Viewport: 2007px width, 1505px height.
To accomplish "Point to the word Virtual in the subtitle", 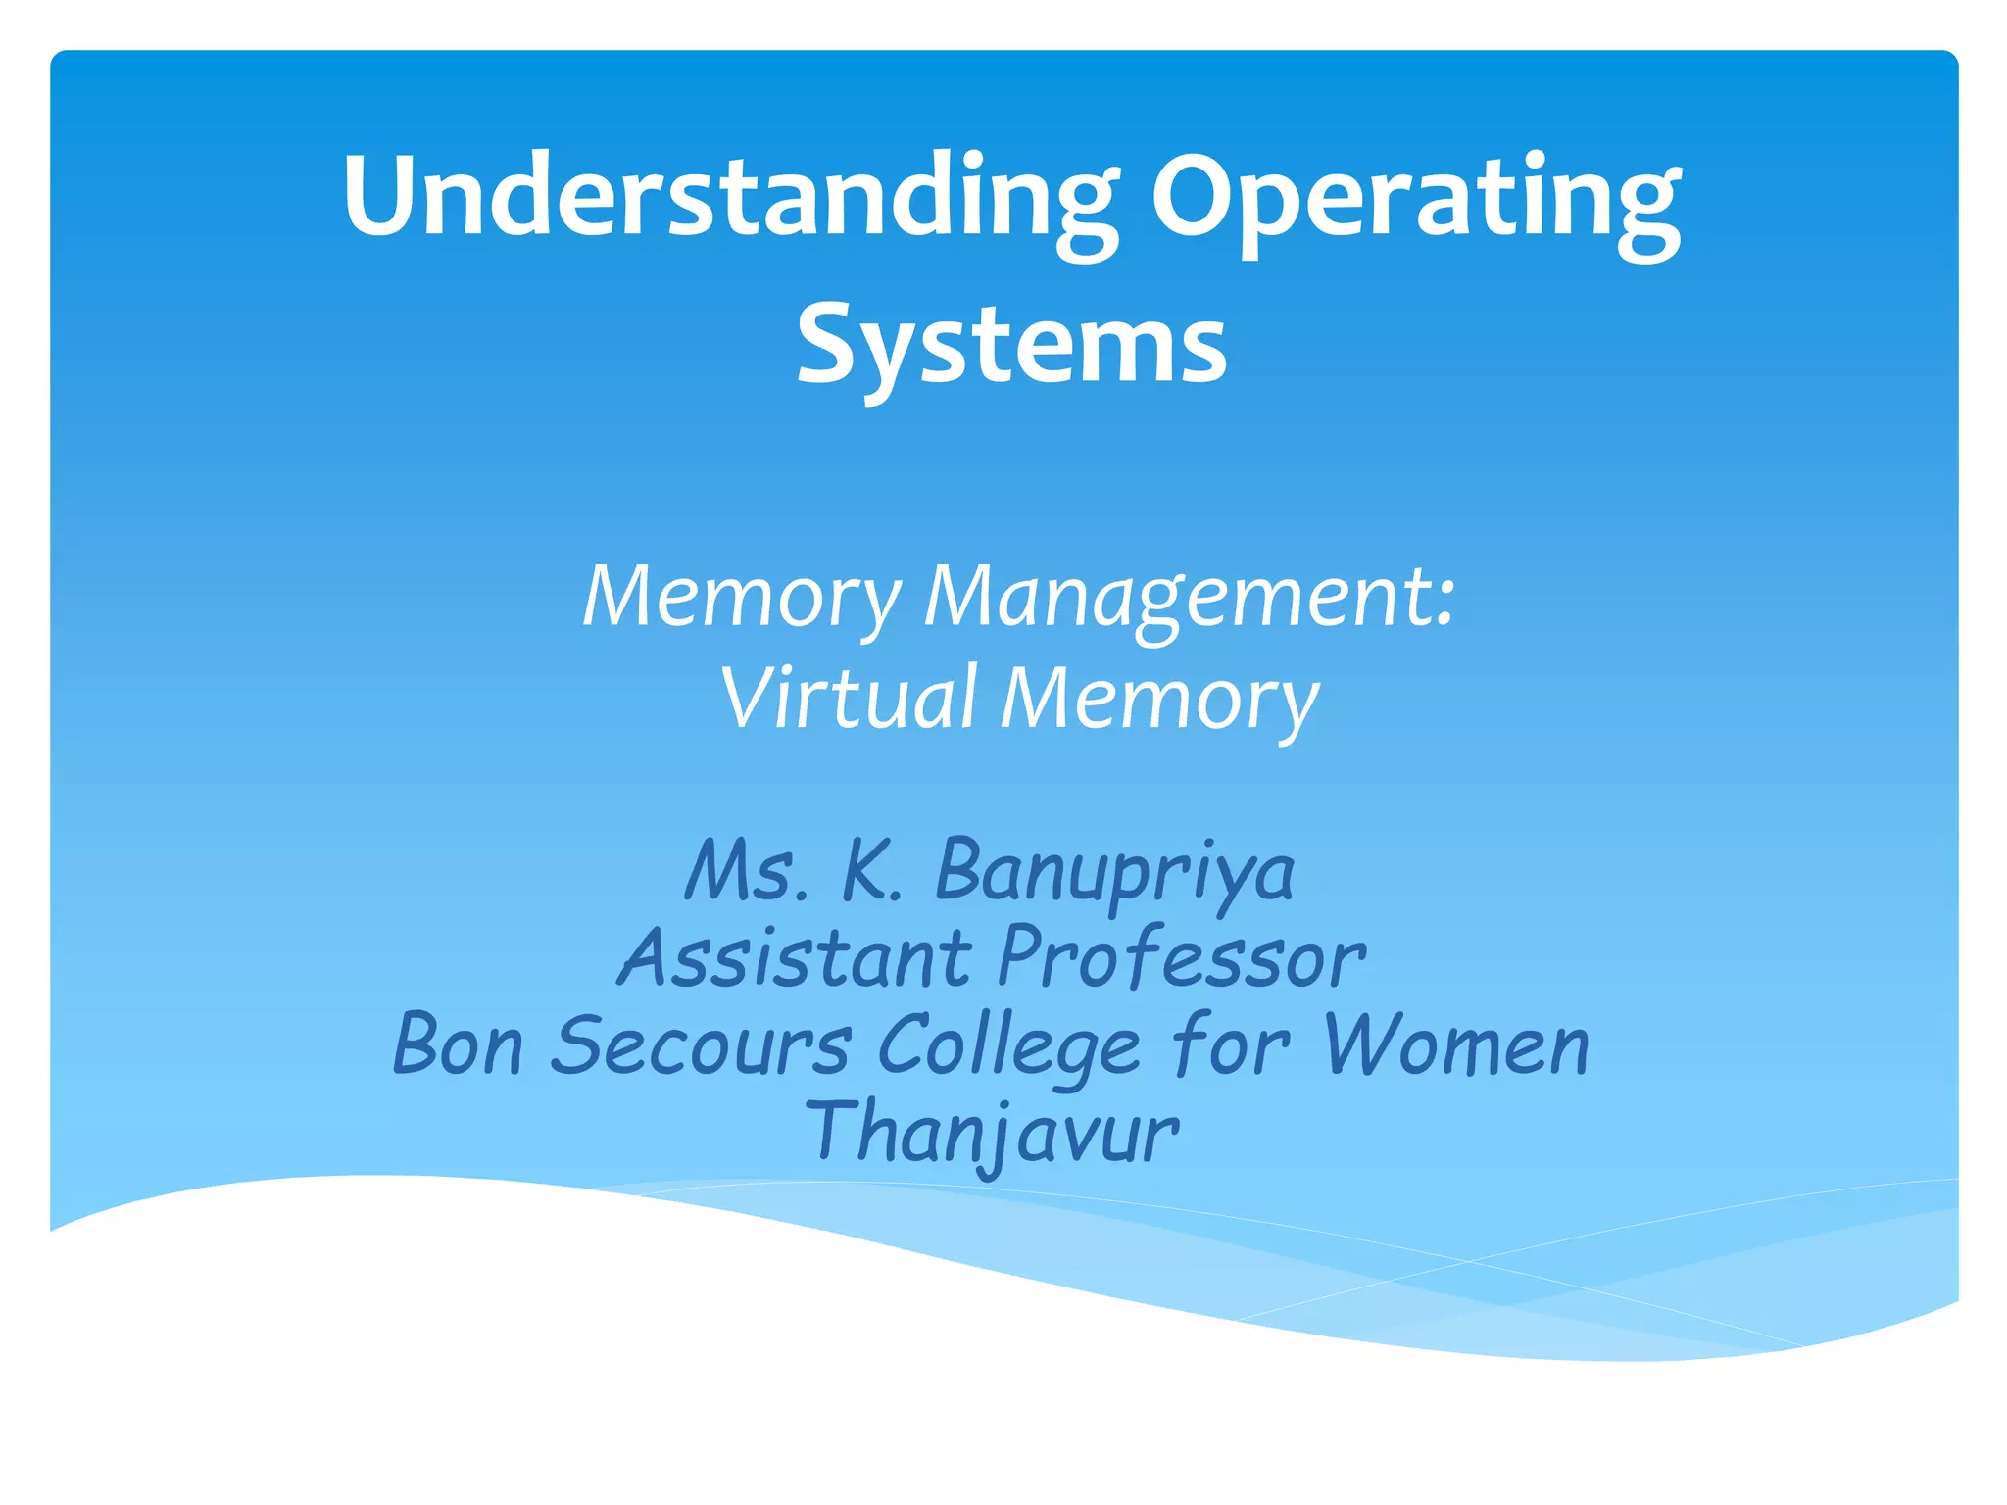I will (x=849, y=698).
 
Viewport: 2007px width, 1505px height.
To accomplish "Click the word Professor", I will (x=1181, y=957).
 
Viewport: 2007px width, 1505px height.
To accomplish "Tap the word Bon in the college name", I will (x=458, y=1044).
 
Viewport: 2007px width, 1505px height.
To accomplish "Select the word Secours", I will (x=700, y=1044).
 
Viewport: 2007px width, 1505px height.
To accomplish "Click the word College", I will (x=1008, y=1046).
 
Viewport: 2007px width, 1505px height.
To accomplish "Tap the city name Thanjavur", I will (x=992, y=1133).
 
